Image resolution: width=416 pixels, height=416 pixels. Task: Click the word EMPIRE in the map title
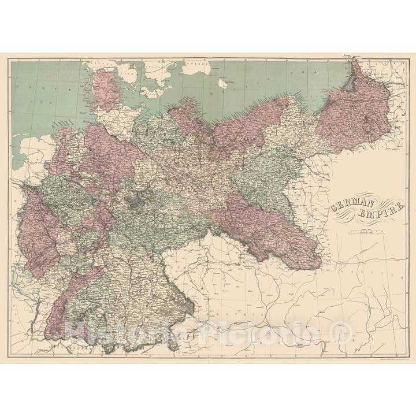click(382, 213)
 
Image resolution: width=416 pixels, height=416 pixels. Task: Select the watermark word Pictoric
click(254, 332)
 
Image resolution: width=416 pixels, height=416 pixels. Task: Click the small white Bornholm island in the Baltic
click(222, 83)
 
